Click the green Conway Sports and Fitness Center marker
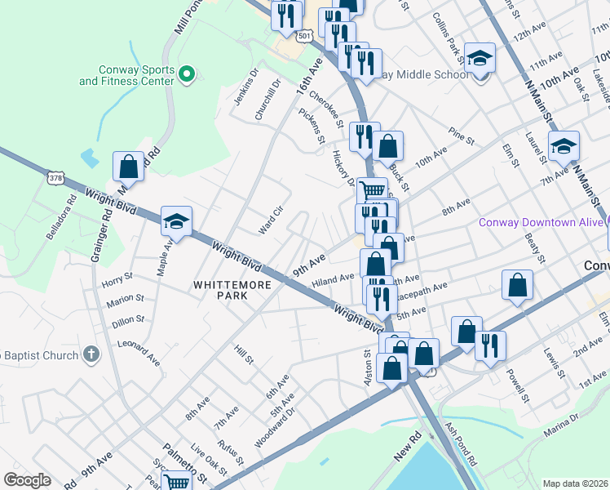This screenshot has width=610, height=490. click(186, 75)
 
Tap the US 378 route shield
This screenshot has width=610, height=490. click(55, 177)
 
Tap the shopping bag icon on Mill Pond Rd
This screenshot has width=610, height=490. click(129, 167)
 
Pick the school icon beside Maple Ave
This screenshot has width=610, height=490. click(176, 220)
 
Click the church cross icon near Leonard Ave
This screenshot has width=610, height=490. click(91, 354)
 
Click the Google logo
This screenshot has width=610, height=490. click(27, 480)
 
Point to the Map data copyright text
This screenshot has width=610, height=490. click(575, 483)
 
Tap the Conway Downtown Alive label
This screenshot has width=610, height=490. click(541, 222)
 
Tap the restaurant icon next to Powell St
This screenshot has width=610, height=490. click(490, 345)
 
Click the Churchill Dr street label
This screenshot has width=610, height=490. click(268, 100)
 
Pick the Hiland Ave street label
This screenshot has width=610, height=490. click(333, 278)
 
